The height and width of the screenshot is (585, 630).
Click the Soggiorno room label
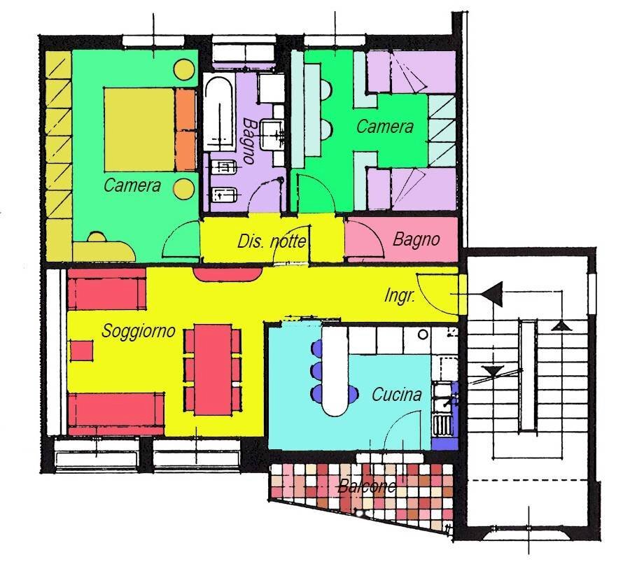[138, 332]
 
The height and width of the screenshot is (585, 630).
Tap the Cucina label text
[397, 395]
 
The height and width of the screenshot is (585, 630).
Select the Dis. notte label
[272, 241]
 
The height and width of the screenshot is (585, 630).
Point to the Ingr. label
[400, 296]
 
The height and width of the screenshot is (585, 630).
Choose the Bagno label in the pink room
[416, 239]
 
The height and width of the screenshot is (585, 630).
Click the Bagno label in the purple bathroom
[249, 140]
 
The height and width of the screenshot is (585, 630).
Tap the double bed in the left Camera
[150, 129]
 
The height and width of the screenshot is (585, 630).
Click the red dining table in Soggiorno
[213, 369]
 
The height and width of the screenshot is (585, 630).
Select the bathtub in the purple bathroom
[219, 113]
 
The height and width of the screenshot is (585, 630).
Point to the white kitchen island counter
[335, 370]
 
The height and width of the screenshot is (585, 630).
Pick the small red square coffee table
[82, 351]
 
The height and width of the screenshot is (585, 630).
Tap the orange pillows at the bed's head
[185, 129]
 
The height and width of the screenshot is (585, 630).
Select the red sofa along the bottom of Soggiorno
[115, 414]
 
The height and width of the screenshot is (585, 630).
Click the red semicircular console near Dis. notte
[227, 275]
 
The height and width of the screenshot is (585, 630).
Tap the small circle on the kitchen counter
[423, 334]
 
